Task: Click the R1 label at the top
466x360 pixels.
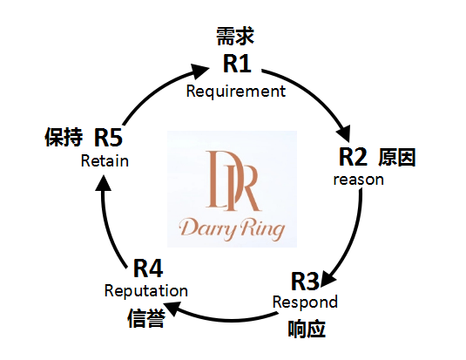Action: click(237, 64)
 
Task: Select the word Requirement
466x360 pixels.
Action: click(236, 92)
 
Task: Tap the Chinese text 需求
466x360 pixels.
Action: click(235, 37)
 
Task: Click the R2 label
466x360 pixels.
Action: click(353, 157)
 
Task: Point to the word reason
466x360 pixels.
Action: click(358, 180)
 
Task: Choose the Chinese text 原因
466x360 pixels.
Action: click(397, 157)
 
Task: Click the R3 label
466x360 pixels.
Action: click(305, 282)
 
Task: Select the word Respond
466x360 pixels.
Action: click(305, 302)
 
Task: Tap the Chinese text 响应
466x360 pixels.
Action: click(307, 329)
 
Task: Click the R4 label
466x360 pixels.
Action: click(148, 268)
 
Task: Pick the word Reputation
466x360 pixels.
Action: click(146, 291)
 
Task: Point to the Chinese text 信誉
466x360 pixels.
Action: click(146, 318)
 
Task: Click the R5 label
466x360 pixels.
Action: click(108, 138)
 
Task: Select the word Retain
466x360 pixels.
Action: click(105, 161)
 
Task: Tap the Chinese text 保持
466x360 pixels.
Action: click(64, 137)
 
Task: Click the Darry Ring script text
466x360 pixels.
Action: click(232, 229)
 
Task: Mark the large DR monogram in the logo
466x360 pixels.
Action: click(233, 180)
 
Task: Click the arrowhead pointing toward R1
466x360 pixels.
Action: click(199, 71)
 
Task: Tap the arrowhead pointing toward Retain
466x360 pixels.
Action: click(103, 183)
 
